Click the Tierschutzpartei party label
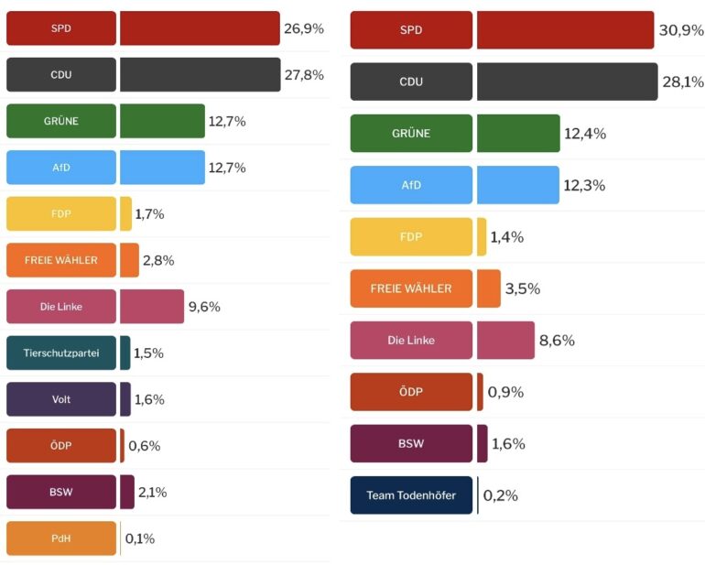point(61,353)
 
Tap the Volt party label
point(61,399)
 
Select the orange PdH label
point(61,538)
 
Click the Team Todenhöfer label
point(411,495)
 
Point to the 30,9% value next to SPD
point(681,30)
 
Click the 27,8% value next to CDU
point(304,75)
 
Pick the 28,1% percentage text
point(682,82)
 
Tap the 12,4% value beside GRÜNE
point(584,134)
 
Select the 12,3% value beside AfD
point(584,185)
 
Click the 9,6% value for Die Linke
point(204,307)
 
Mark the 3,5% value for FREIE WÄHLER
point(523,288)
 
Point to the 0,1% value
point(139,538)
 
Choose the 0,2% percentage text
point(500,495)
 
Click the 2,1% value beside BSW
point(154,492)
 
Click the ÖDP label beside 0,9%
point(411,392)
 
